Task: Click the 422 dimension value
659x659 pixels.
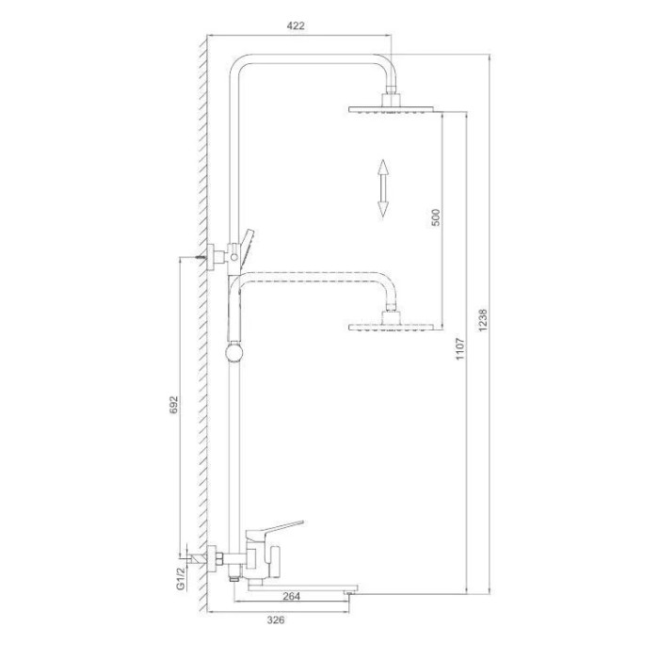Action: [x=296, y=26]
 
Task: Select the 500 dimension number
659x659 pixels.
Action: [x=436, y=217]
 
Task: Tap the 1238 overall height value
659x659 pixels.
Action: [x=483, y=320]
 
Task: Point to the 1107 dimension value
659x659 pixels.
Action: [x=459, y=348]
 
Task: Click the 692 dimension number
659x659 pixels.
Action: [x=173, y=405]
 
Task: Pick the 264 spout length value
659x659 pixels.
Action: [x=291, y=596]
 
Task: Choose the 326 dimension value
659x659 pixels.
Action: [x=276, y=619]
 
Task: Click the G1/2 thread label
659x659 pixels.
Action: [x=181, y=578]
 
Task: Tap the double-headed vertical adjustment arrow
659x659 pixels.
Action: [x=382, y=188]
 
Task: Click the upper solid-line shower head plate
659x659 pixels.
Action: [x=391, y=110]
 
